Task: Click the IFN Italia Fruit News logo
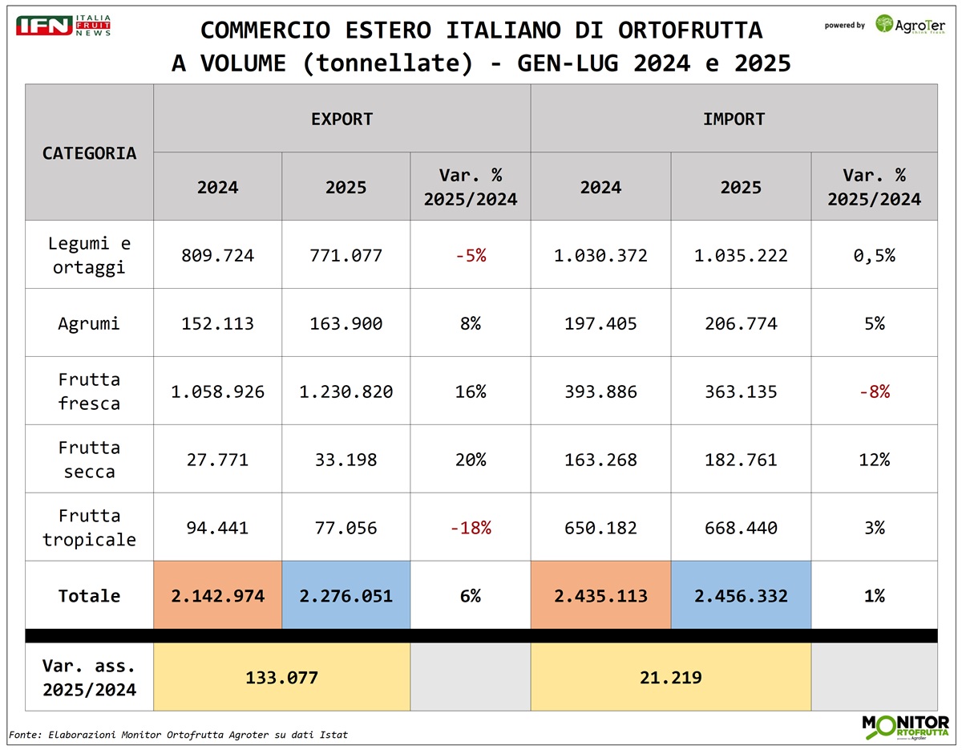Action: (x=63, y=24)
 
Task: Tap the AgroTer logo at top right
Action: (x=910, y=24)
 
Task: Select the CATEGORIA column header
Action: (x=89, y=152)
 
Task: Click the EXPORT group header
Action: (x=342, y=119)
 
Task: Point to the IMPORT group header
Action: (x=734, y=119)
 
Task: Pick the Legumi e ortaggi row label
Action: (x=89, y=255)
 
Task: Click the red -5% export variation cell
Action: (x=470, y=256)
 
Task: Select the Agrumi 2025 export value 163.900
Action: (x=346, y=324)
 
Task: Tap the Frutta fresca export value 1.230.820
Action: (x=346, y=392)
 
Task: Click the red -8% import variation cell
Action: (x=874, y=392)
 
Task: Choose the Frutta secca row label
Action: (x=89, y=460)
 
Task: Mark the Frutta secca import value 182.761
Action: (x=741, y=460)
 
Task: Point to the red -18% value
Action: (x=470, y=528)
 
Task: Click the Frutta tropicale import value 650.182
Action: (x=600, y=528)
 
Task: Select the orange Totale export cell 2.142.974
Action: (x=217, y=596)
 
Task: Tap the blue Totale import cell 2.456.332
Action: (x=741, y=596)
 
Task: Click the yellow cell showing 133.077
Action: (x=281, y=677)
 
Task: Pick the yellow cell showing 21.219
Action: (x=670, y=677)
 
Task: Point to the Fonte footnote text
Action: (x=178, y=734)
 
